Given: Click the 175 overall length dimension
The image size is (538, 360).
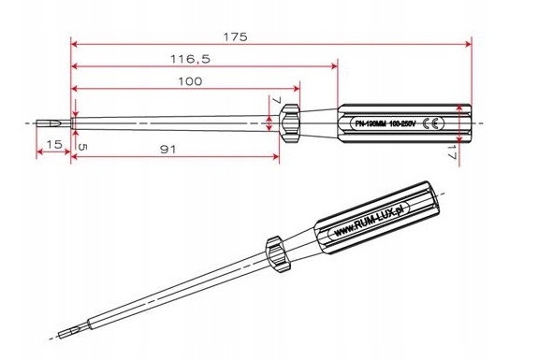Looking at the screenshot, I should coord(236,36).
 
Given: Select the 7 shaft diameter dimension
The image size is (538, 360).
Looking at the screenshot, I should coord(276,101).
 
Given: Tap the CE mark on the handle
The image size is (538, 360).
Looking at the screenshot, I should coord(429,123).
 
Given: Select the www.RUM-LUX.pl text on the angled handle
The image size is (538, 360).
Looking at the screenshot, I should coord(372,219).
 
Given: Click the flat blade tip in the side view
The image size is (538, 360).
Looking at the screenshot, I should coord(46,122).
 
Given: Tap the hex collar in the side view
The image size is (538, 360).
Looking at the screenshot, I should coord(290,121).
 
